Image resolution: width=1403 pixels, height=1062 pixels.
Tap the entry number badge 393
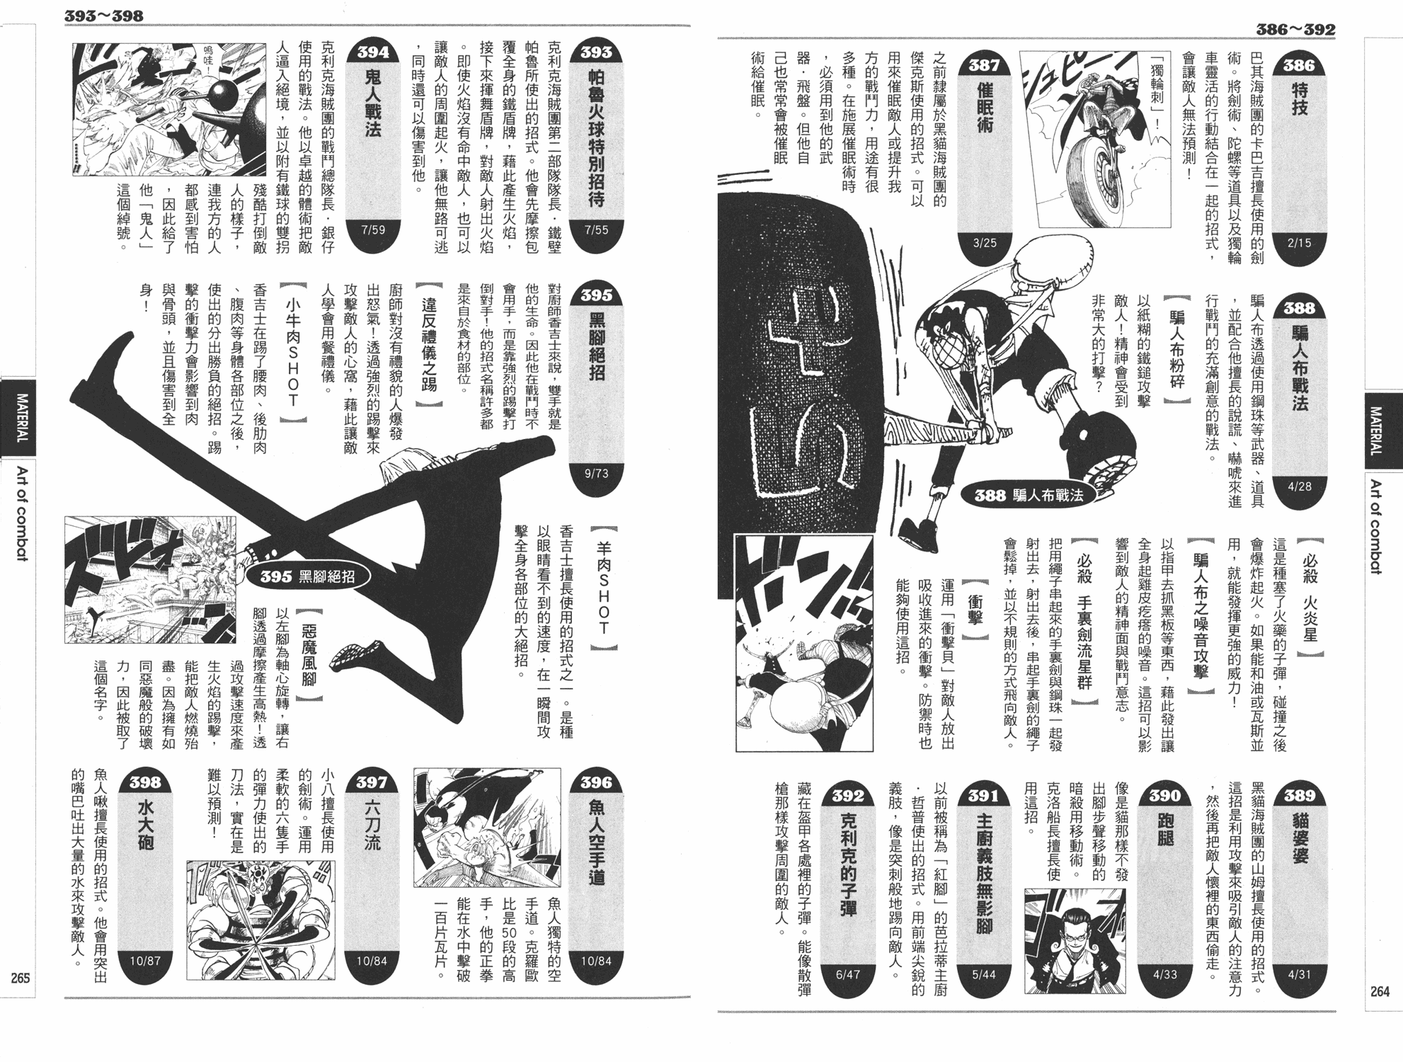596,52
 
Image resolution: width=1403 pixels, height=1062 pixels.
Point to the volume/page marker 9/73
596,473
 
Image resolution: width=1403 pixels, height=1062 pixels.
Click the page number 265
20,978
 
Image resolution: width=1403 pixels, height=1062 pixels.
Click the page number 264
1380,991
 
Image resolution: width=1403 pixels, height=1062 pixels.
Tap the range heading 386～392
1295,30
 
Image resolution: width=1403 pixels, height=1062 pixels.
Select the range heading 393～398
104,16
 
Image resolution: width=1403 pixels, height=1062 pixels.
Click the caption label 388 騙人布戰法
1029,495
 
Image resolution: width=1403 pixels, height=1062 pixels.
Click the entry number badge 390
1164,795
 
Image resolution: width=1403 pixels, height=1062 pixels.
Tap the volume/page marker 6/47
848,974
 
